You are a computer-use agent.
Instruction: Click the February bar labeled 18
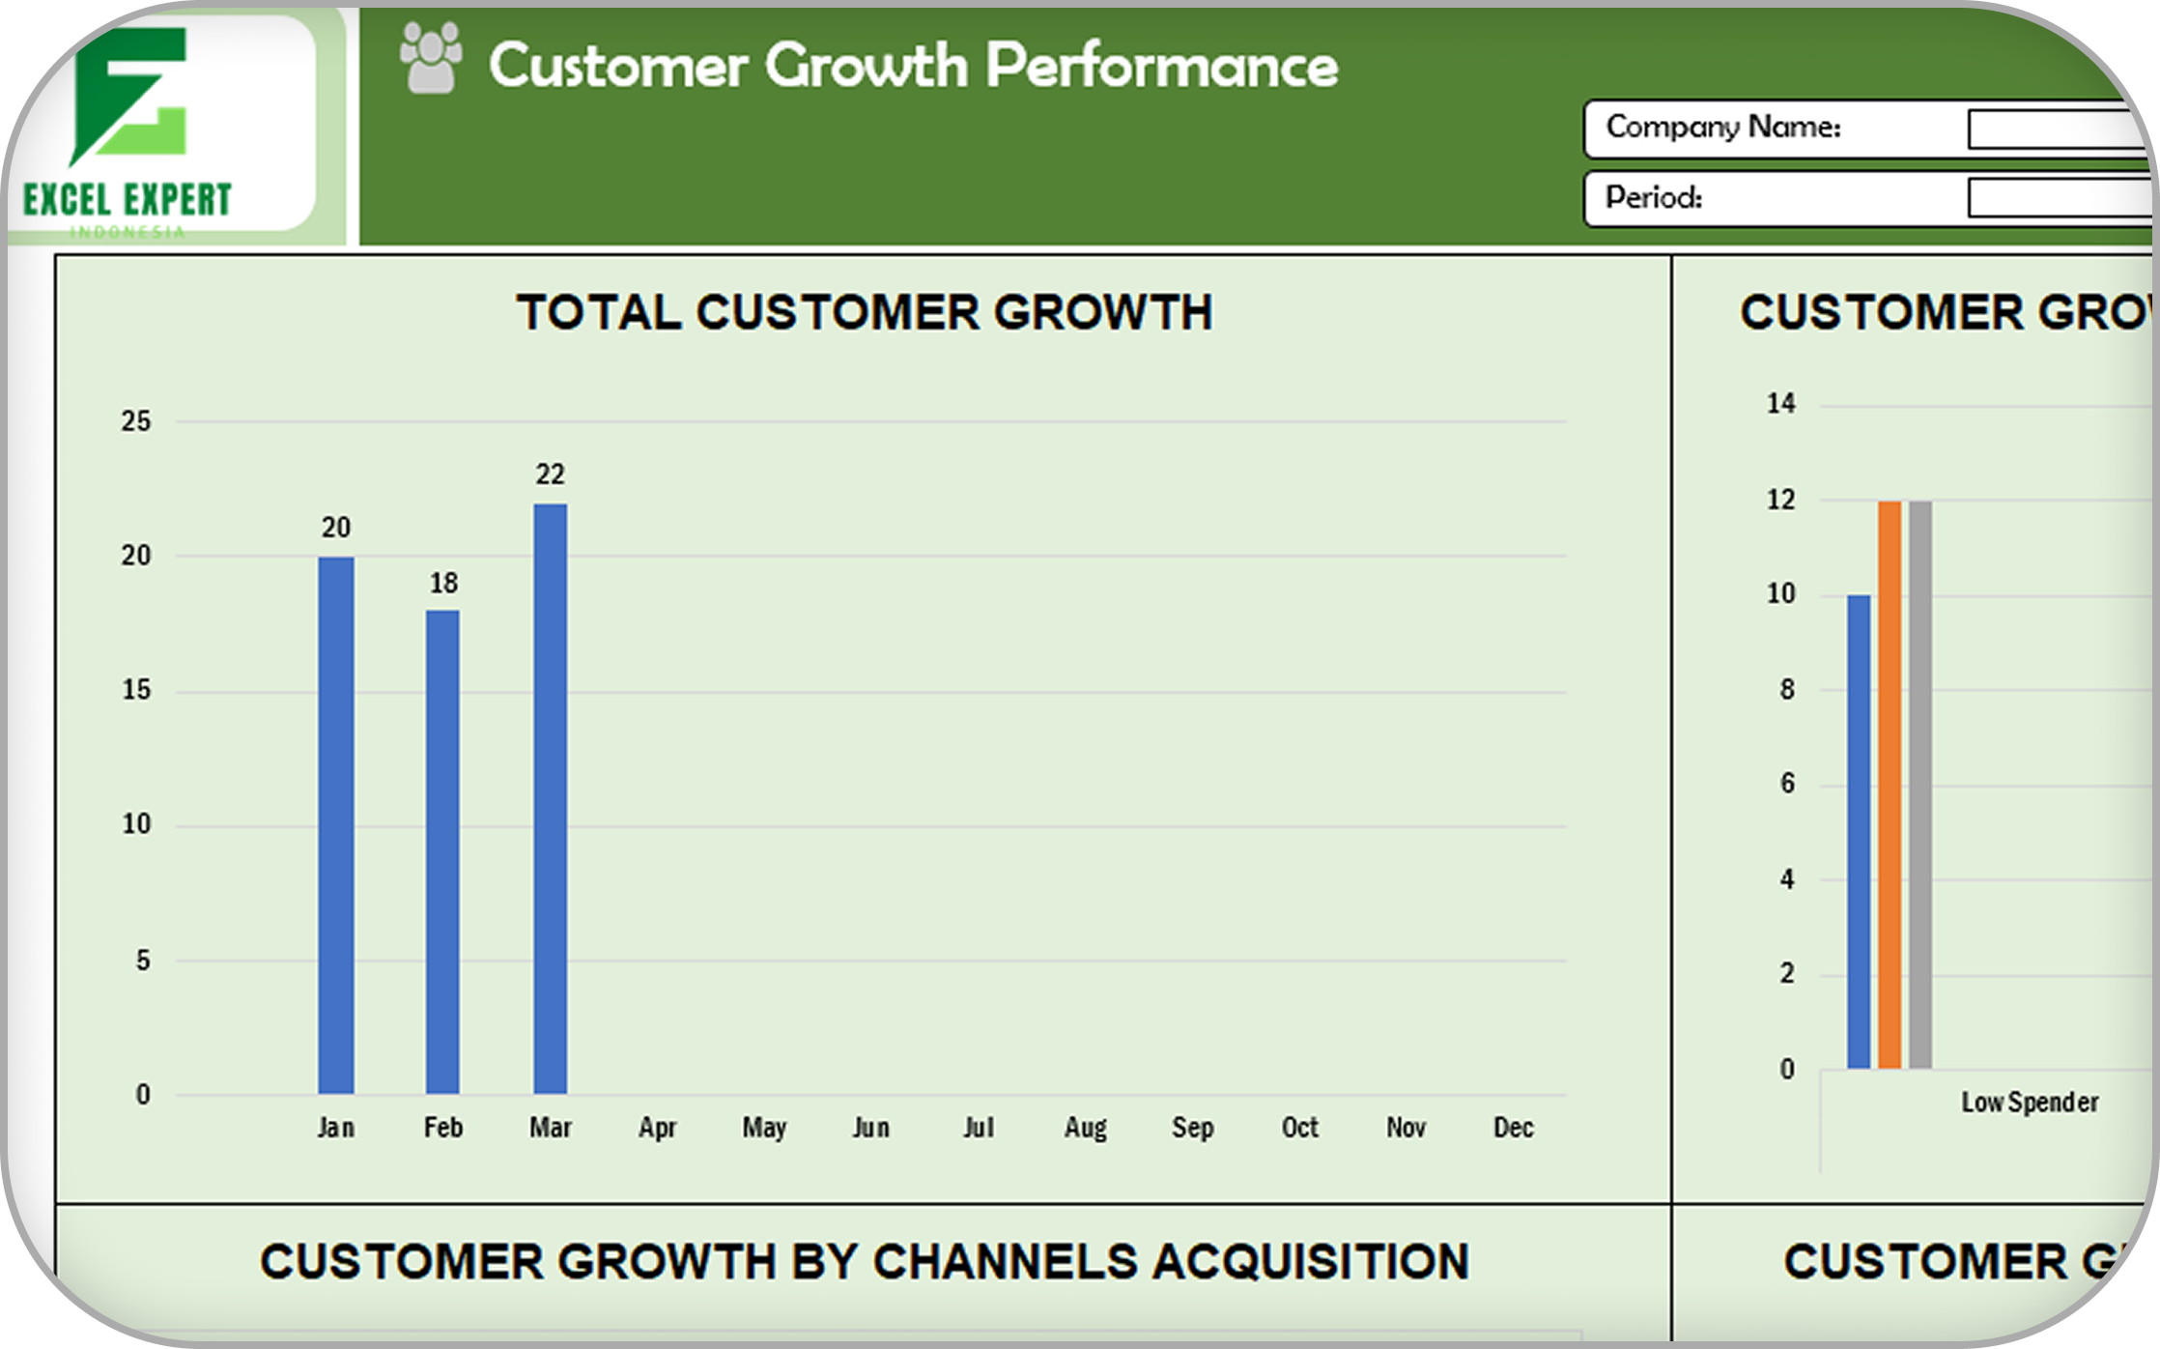[442, 850]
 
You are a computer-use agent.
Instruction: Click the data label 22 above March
[550, 474]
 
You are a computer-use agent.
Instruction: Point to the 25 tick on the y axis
[136, 421]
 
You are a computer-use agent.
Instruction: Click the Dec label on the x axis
[1513, 1128]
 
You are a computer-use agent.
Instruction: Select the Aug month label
[1085, 1128]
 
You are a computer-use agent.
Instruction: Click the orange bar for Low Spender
[1890, 784]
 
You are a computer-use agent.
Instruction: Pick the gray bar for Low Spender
[1920, 784]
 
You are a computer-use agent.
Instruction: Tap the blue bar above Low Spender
[1859, 831]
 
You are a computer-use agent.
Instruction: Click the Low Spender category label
[2029, 1103]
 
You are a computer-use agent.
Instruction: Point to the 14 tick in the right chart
[1780, 403]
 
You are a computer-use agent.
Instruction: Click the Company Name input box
[2058, 129]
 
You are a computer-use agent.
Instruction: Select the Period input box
[2058, 198]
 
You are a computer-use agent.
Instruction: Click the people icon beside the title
[431, 59]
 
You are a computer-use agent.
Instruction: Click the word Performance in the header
[1161, 66]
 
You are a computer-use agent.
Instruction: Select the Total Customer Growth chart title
[864, 313]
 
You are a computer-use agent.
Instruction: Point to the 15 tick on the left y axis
[136, 690]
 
